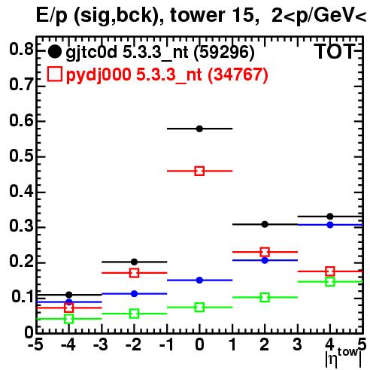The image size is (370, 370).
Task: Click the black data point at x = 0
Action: click(x=199, y=129)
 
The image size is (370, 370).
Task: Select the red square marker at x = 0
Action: click(x=199, y=171)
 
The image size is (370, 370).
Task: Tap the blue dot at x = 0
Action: click(x=199, y=281)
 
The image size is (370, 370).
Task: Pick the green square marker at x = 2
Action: click(x=265, y=298)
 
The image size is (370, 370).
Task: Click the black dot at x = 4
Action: click(x=330, y=217)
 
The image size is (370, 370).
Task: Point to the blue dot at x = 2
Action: click(x=265, y=260)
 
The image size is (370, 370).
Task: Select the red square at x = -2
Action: click(x=134, y=273)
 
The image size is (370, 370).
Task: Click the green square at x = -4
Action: click(x=68, y=319)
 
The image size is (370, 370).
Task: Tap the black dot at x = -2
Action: click(x=134, y=262)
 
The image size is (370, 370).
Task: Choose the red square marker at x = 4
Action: click(x=330, y=271)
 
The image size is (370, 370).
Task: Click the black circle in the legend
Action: click(x=54, y=52)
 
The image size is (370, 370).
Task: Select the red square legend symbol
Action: click(x=54, y=74)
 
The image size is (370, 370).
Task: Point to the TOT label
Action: click(x=335, y=52)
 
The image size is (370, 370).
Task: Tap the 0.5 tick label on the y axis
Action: click(x=21, y=156)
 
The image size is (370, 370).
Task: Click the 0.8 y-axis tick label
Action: click(x=21, y=50)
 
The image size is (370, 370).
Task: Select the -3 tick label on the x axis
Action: click(x=101, y=344)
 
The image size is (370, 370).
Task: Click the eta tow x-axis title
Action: click(x=344, y=358)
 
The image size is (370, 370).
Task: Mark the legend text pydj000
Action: click(x=99, y=75)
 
